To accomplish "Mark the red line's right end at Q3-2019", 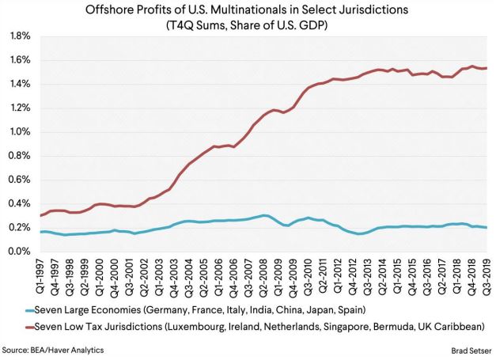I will coord(486,68).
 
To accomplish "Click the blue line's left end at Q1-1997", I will coord(40,231).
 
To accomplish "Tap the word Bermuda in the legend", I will coord(400,324).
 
